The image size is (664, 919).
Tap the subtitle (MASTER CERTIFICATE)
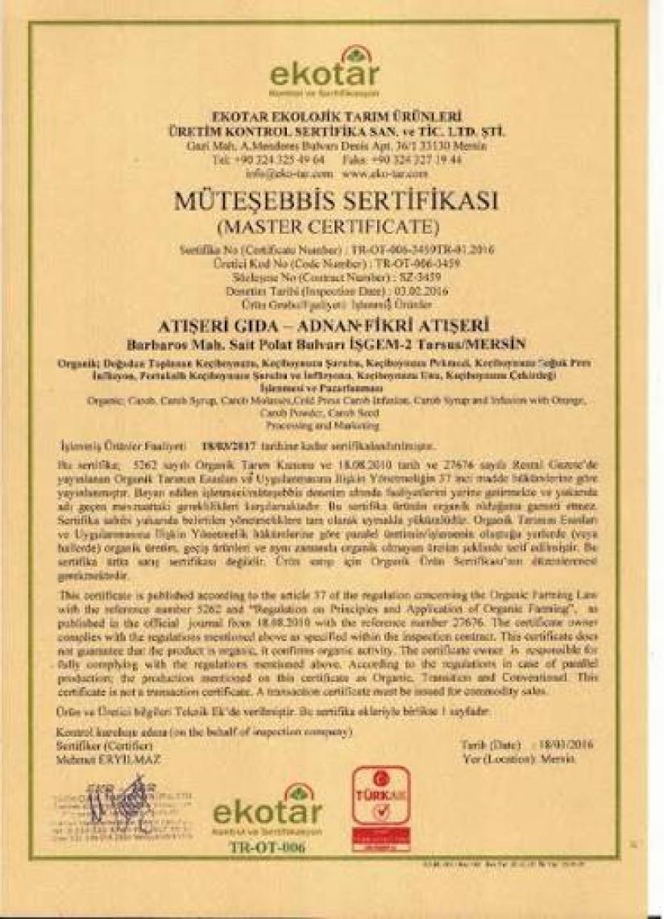tap(332, 222)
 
